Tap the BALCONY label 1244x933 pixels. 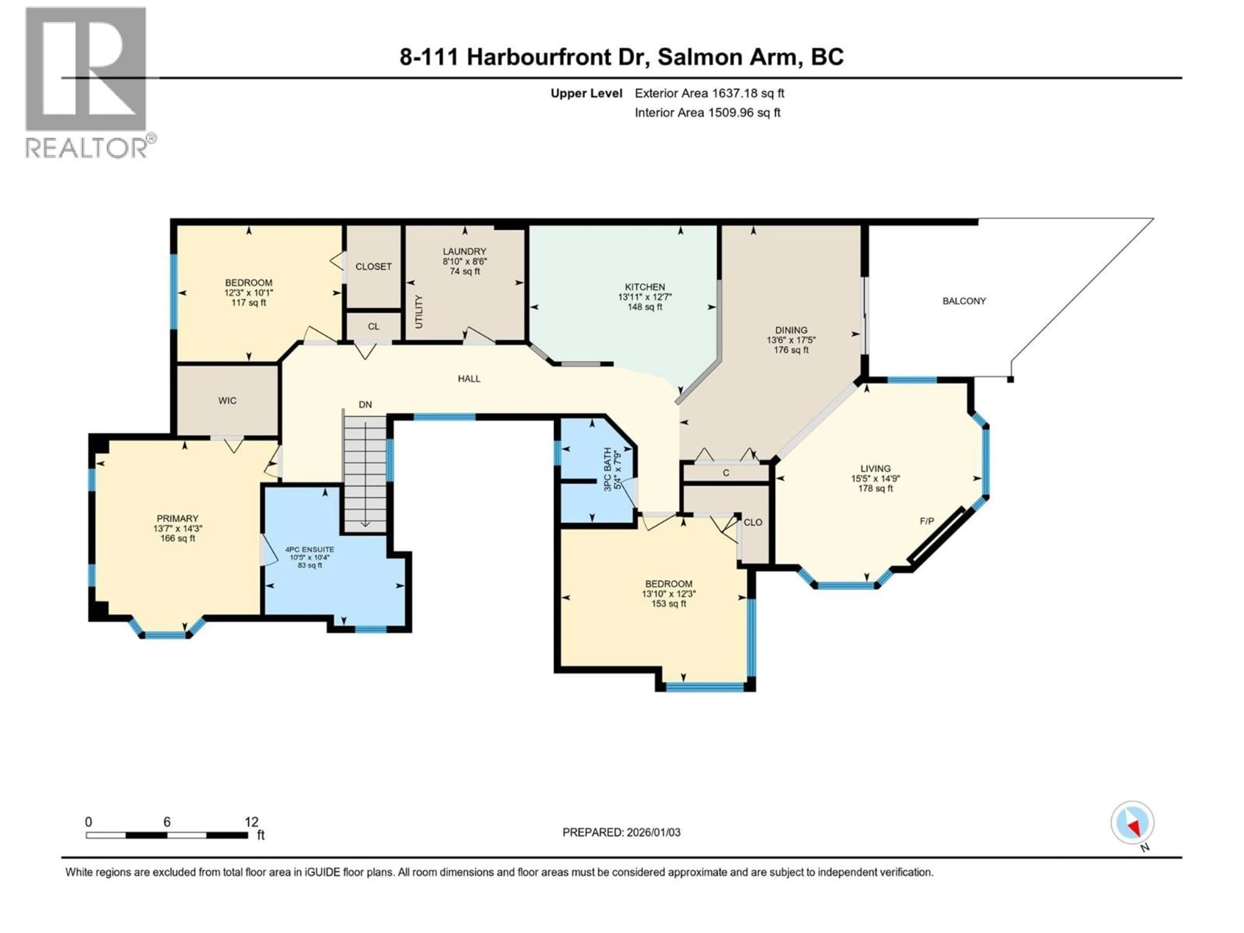[x=964, y=301]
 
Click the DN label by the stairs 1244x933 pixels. [x=365, y=404]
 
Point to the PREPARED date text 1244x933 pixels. [x=621, y=832]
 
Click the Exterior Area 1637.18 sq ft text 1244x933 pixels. [x=709, y=93]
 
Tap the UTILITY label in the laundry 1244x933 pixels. [x=419, y=312]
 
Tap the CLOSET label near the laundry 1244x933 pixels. [x=374, y=267]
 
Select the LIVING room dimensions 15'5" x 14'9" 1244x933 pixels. [x=875, y=478]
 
